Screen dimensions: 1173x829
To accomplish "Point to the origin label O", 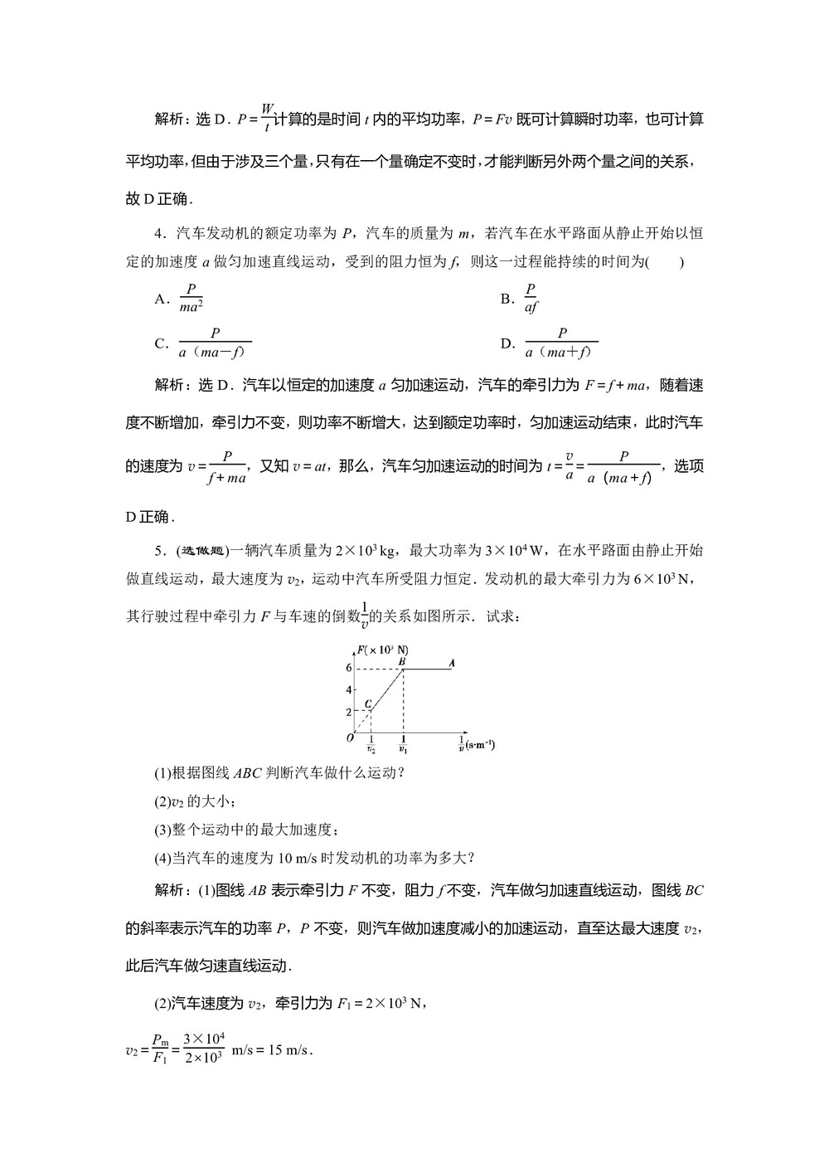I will coord(350,737).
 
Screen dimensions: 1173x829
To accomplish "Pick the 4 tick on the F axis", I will coord(349,689).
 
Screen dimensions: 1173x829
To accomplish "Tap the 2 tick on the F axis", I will coord(349,711).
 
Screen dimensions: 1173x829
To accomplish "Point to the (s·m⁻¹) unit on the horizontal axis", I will coord(480,744).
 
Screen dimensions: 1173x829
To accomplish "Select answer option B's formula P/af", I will coord(531,299).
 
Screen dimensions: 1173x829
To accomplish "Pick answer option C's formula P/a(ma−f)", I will coord(215,343).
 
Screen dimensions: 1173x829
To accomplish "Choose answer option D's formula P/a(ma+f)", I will coord(561,343).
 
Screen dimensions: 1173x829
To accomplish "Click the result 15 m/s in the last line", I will coord(285,1050).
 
